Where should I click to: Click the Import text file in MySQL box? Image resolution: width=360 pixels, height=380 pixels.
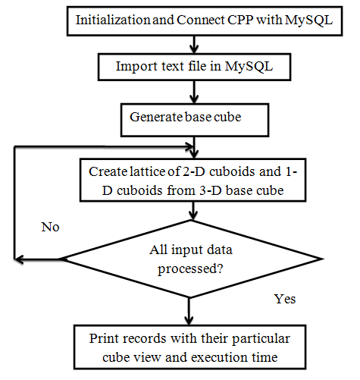(x=195, y=67)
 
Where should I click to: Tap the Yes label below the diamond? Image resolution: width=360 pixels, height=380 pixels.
(x=284, y=299)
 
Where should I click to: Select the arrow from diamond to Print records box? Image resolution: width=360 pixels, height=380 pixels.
(x=186, y=311)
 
